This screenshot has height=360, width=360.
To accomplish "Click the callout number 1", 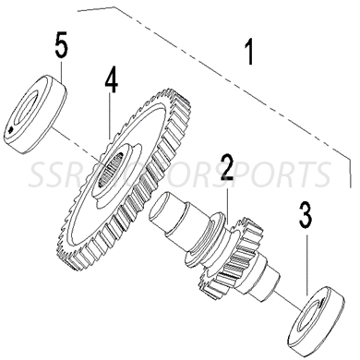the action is (246, 51).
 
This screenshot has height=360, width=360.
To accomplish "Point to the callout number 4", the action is (111, 82).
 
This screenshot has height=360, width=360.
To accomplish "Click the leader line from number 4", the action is (110, 115).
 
